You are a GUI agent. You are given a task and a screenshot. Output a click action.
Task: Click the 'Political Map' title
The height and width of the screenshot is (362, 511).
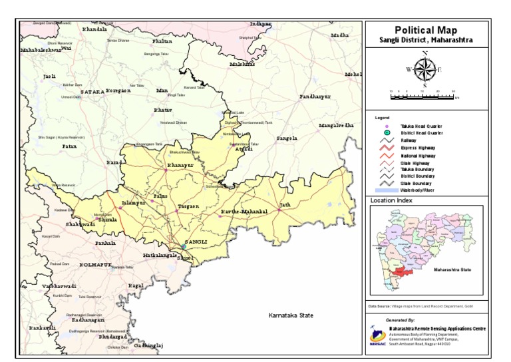(x=426, y=31)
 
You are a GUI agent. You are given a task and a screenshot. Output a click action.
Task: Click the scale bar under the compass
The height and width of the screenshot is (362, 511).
(x=423, y=96)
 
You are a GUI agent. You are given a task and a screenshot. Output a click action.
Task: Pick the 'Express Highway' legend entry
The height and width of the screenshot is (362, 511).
(x=419, y=148)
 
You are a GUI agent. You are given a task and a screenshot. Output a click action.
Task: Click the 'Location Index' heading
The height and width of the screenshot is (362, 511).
(x=391, y=200)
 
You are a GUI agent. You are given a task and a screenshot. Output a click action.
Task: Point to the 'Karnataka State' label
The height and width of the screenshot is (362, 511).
(x=290, y=315)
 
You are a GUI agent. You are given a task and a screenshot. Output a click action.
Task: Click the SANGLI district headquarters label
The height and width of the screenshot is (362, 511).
(x=196, y=241)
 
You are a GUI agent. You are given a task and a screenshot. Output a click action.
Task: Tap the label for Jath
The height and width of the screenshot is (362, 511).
(x=285, y=204)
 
